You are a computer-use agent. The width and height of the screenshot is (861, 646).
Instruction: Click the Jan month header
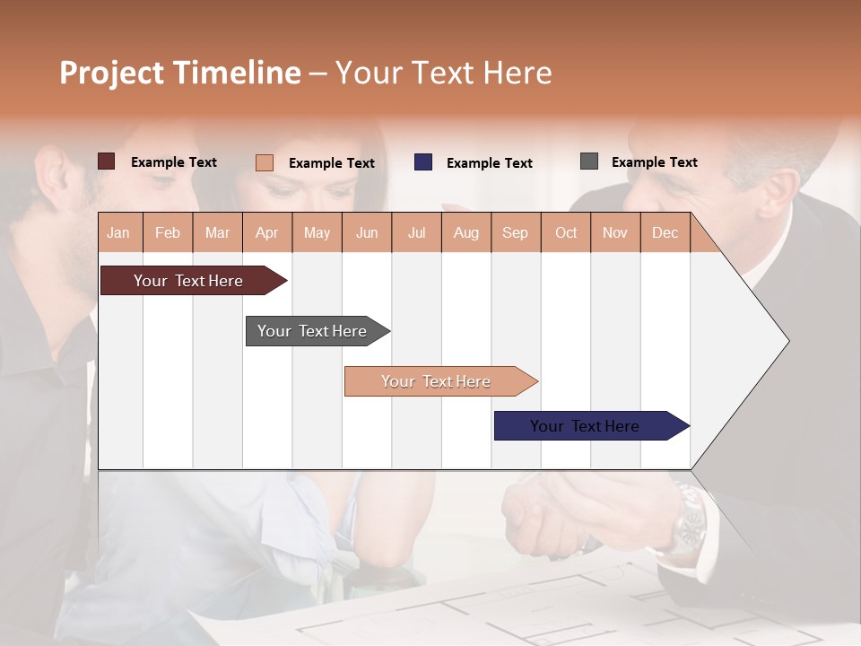tap(118, 232)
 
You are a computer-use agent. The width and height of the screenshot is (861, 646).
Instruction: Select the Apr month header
tap(266, 232)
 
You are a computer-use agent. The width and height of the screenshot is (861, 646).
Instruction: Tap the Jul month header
tap(416, 232)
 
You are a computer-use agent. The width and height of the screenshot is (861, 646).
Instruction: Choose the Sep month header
tap(515, 232)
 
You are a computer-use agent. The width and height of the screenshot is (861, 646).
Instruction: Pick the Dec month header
tap(665, 232)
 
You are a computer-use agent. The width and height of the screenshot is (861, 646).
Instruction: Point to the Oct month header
tap(565, 232)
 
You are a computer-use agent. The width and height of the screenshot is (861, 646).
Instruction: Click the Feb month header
tap(168, 232)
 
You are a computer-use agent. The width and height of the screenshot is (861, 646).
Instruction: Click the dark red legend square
tap(107, 161)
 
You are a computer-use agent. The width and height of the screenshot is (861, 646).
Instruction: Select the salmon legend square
tap(265, 162)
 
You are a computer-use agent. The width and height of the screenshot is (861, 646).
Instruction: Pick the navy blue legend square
tap(423, 162)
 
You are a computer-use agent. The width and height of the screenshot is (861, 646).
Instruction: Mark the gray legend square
tap(589, 161)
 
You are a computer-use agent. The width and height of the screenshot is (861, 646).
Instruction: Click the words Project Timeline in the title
tap(179, 73)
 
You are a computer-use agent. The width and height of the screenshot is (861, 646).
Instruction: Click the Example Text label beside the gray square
tap(654, 162)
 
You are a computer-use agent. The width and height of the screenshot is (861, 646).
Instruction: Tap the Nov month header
tap(614, 232)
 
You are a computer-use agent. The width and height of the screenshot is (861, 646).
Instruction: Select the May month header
tap(317, 232)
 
